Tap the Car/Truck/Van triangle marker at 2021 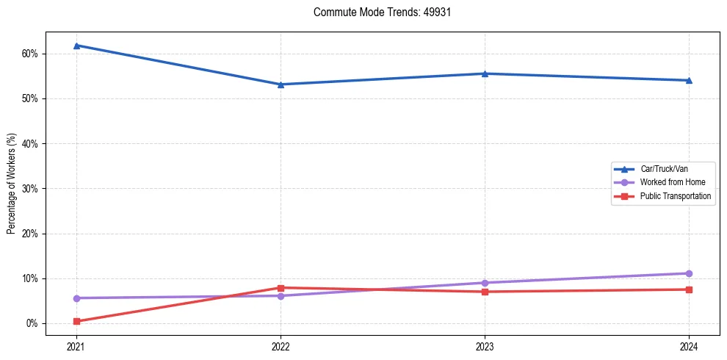click(76, 46)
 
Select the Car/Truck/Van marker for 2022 click(281, 84)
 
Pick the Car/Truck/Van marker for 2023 click(485, 73)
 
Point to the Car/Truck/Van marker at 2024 click(689, 80)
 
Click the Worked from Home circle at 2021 click(76, 298)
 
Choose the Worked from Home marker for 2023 click(485, 283)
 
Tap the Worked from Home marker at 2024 click(689, 273)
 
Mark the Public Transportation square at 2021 click(76, 321)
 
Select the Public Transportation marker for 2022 click(281, 288)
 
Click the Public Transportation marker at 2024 click(689, 289)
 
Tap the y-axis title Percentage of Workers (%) click(12, 184)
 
